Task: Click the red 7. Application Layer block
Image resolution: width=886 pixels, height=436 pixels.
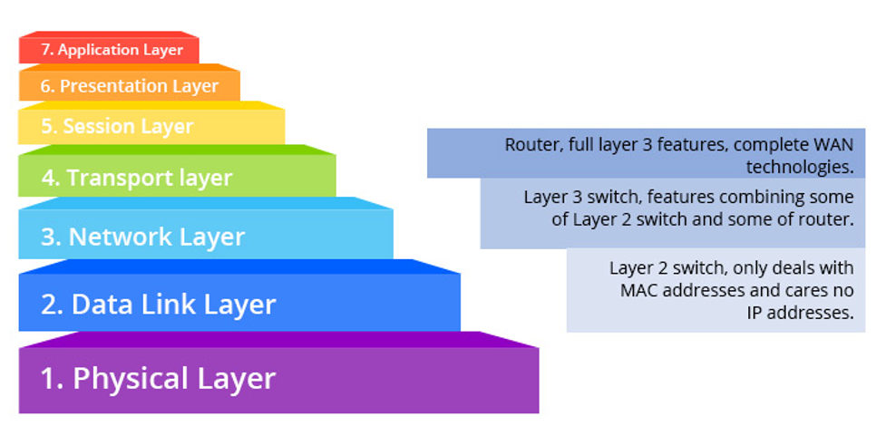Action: pyautogui.click(x=109, y=50)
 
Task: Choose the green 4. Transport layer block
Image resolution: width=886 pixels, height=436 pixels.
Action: pyautogui.click(x=177, y=178)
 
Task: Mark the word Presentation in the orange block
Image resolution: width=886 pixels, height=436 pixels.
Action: pyautogui.click(x=105, y=86)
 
